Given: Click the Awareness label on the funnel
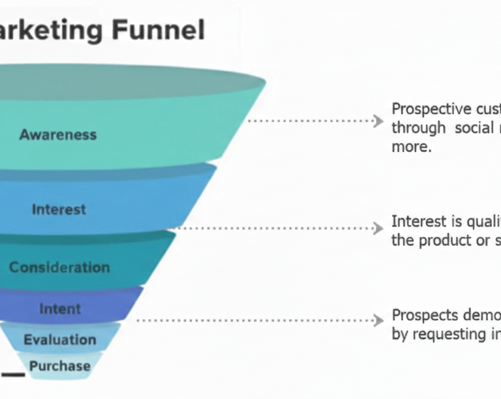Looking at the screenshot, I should (x=58, y=135).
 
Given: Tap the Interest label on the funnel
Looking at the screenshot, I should (x=59, y=209).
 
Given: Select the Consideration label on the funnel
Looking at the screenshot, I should (x=59, y=267).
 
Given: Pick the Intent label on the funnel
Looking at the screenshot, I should (x=60, y=308).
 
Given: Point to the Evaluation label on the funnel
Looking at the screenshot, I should (x=60, y=340).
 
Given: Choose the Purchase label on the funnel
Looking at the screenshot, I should (x=60, y=366).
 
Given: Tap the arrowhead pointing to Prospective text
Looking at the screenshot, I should (x=377, y=121).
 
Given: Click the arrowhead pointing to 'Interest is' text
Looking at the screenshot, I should (x=377, y=228).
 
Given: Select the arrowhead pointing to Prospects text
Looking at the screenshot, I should (x=377, y=320).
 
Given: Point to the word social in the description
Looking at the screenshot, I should (x=474, y=127).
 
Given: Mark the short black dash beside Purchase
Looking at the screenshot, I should (x=13, y=375).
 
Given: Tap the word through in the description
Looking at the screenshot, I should (x=415, y=127).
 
